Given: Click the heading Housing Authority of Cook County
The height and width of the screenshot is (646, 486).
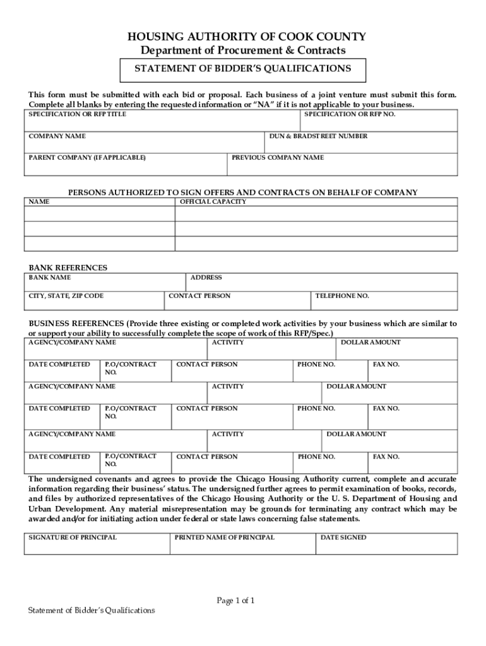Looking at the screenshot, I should click(243, 37).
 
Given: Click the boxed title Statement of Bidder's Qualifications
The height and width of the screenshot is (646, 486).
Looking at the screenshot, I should click(243, 68).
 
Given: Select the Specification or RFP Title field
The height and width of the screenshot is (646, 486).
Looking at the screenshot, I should click(163, 120).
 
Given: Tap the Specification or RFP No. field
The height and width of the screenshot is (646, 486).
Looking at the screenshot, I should click(379, 120).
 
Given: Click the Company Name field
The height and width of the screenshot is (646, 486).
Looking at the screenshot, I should click(145, 143).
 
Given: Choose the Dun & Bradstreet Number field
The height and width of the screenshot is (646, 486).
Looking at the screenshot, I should click(362, 143).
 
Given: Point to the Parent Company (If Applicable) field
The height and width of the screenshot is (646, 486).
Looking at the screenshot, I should click(126, 165).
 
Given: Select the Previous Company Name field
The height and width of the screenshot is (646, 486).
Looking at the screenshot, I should click(343, 165).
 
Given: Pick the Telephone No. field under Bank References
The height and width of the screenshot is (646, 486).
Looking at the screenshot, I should click(385, 300).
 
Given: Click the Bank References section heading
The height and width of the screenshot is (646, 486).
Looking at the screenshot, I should click(68, 267).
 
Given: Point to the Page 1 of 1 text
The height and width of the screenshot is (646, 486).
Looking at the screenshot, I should click(236, 601).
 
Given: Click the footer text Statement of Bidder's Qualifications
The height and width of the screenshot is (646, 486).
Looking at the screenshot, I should click(92, 610).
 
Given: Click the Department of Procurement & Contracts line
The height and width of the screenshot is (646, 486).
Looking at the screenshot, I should click(243, 50).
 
